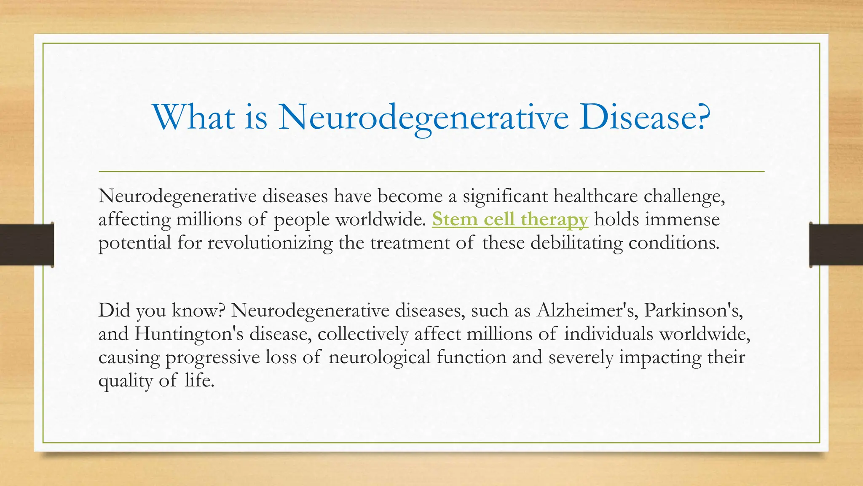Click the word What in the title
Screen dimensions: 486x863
click(x=193, y=117)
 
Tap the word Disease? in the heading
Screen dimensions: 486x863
click(x=644, y=117)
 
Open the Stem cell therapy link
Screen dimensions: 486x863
click(x=509, y=219)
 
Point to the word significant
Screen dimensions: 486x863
click(x=505, y=196)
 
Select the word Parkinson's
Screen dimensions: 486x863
click(x=693, y=310)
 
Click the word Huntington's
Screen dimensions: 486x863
click(x=189, y=334)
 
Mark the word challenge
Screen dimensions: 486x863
click(x=684, y=196)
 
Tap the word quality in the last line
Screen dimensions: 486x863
click(x=125, y=381)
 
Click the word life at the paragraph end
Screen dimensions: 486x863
click(x=198, y=381)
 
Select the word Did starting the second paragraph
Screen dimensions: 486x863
click(x=114, y=310)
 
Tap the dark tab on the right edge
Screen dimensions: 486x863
click(x=836, y=245)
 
